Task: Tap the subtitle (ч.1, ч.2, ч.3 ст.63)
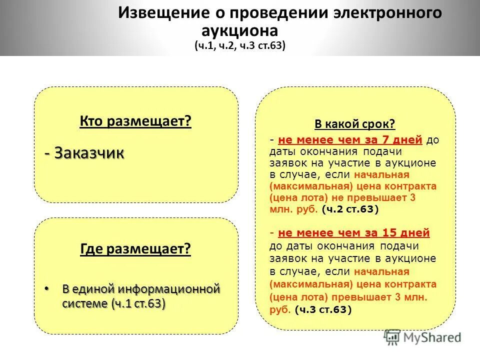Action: coord(240,45)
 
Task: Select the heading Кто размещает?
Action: coord(135,122)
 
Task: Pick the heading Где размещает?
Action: coord(135,249)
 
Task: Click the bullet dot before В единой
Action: coord(47,289)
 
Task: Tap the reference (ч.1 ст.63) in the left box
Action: coord(138,303)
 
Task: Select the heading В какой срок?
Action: coord(355,124)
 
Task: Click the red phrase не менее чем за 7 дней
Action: coord(350,140)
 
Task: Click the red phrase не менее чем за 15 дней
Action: coord(353,233)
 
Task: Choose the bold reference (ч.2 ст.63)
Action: coord(351,209)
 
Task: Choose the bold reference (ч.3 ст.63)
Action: coord(323,309)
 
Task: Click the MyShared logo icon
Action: coord(392,337)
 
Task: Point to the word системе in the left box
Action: coord(85,303)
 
